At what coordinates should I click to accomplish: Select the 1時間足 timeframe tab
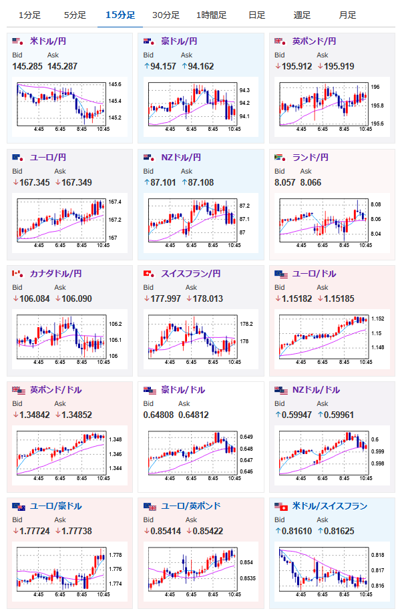211,15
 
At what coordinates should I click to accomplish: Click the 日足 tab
257,15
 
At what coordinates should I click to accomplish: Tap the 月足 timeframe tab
347,15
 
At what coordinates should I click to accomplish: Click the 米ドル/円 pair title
48,41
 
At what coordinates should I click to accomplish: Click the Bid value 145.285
27,66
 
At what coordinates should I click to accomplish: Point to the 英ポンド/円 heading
314,41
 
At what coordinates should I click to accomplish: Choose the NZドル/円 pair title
181,158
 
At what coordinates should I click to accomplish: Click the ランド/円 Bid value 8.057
285,182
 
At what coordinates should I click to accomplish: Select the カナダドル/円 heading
55,274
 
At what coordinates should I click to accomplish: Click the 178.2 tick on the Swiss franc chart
246,324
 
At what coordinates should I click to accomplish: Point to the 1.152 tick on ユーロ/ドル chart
378,319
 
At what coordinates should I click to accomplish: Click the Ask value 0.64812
194,415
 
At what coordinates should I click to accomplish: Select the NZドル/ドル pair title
316,390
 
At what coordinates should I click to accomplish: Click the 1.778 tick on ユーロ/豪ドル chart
116,555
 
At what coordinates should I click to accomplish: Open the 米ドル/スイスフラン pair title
330,505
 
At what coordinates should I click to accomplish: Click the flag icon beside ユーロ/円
18,158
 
